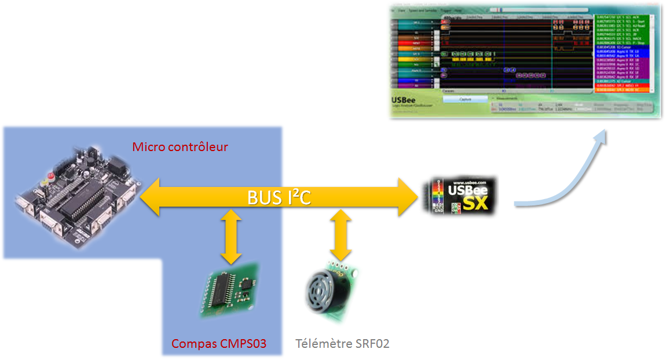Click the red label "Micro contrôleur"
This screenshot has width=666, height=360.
click(180, 147)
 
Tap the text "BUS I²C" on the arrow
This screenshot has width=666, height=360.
click(279, 198)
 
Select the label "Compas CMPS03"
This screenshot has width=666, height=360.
click(219, 344)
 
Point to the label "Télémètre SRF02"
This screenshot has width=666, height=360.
click(342, 344)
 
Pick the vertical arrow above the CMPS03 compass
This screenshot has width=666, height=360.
click(231, 238)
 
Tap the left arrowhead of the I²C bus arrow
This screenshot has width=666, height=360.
click(152, 197)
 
